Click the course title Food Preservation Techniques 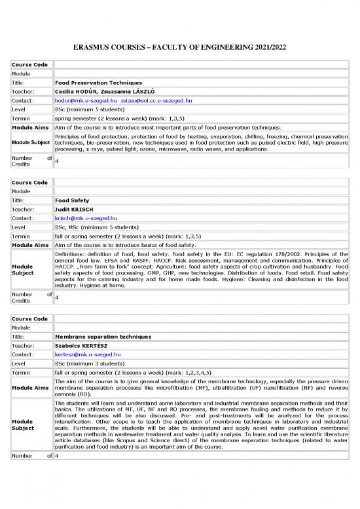(98, 83)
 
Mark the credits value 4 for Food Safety (57, 297)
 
